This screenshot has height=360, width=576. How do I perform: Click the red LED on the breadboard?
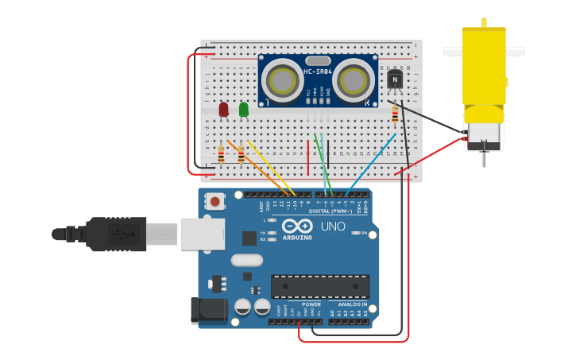pos(224,108)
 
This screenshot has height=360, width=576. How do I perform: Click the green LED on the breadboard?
pos(243,108)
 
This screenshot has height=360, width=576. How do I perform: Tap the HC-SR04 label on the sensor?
pos(317,72)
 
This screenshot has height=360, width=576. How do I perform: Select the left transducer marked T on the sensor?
pos(280,79)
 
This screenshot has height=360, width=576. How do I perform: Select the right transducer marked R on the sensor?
pos(354,79)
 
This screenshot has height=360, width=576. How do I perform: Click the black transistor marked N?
pos(395,79)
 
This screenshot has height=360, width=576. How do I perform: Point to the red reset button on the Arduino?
pos(215,202)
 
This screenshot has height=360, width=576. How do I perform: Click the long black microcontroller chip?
pos(320,286)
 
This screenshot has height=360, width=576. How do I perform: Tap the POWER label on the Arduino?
pos(311,304)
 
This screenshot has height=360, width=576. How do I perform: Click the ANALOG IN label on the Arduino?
pos(353,304)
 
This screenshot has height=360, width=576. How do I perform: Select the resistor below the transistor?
pos(395,116)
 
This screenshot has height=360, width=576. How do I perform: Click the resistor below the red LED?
pos(221,153)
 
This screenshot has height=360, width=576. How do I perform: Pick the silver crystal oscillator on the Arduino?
pos(246,260)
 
